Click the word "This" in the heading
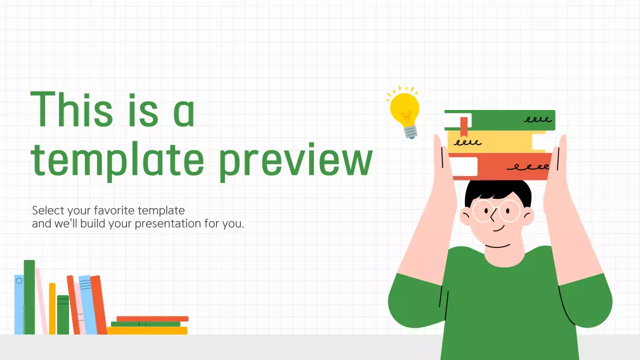point(71,108)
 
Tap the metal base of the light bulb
point(410,131)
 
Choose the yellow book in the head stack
point(500,142)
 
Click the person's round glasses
point(496,210)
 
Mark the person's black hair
point(497,190)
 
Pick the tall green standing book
point(29,297)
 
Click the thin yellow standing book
point(52,308)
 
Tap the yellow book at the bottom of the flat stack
point(147,330)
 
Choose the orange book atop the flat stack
point(152,318)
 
